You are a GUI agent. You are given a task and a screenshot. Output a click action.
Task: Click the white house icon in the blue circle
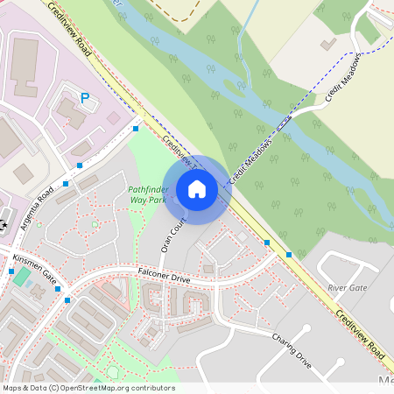[x=197, y=189]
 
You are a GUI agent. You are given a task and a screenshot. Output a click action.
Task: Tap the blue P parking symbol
[x=85, y=99]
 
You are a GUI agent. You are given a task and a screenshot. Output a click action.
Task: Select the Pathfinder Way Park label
[x=147, y=194]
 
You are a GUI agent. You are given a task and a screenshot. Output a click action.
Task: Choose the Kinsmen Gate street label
[x=34, y=271]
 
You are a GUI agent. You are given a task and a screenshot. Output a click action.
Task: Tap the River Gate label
[x=347, y=287]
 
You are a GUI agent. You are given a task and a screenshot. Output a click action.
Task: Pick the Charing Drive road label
[x=292, y=348]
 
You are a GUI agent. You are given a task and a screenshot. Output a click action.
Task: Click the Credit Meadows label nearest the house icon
[x=251, y=160]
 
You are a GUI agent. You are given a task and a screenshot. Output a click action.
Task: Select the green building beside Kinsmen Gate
[x=22, y=279]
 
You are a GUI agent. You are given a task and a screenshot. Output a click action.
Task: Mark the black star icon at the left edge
[x=4, y=226]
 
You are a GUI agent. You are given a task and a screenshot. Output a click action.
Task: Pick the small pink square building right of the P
[x=113, y=117]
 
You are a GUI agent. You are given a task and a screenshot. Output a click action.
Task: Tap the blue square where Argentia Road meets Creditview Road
[x=136, y=129]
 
